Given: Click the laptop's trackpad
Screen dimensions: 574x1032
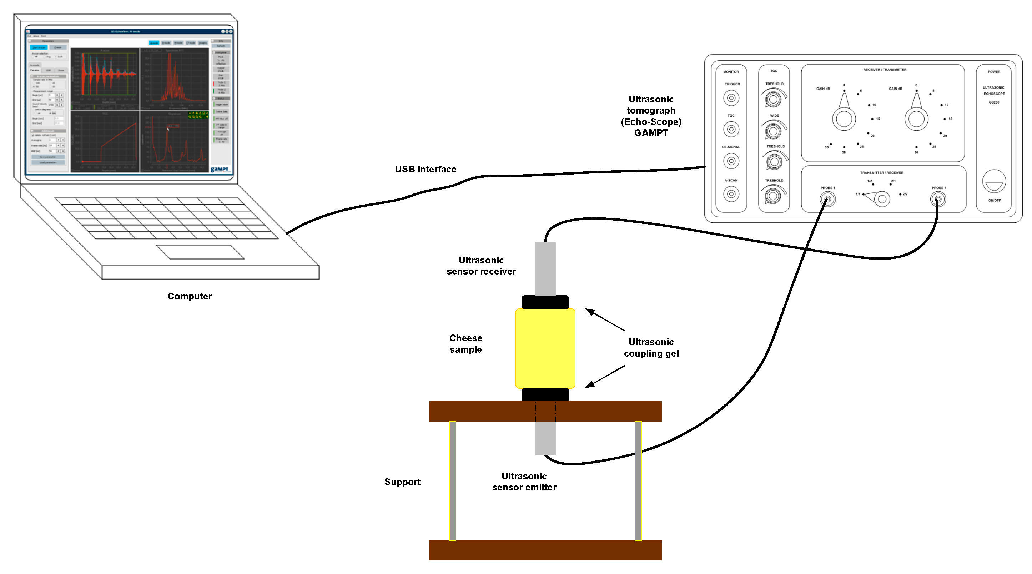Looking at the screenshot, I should (200, 252).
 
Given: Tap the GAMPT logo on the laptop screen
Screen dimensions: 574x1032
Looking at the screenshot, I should (220, 169).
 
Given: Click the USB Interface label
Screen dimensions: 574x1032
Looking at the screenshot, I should (426, 170).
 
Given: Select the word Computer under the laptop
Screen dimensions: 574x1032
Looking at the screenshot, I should (190, 296).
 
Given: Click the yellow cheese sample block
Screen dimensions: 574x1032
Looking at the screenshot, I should (545, 348).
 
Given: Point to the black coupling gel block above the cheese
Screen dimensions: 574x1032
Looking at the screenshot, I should (545, 302).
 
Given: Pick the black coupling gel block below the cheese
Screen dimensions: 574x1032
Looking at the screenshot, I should (545, 394).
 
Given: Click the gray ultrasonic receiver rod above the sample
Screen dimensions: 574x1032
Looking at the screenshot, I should (545, 268).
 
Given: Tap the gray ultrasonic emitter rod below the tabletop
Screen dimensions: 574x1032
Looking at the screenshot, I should (545, 438).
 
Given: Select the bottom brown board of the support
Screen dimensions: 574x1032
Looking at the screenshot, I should (545, 550).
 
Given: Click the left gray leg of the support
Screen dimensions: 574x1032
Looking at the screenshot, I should (452, 481).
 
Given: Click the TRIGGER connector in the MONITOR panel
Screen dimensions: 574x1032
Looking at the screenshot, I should (731, 98).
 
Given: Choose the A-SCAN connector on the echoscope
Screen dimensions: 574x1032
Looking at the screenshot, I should (731, 194).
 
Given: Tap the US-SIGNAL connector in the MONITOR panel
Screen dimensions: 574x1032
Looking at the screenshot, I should (731, 161).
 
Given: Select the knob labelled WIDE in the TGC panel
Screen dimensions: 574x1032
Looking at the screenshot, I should (773, 131).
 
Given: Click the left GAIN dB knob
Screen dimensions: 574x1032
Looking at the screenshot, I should (844, 119).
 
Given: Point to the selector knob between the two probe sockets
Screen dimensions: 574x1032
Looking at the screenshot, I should (881, 199).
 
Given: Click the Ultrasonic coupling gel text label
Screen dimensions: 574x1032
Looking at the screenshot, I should (651, 348).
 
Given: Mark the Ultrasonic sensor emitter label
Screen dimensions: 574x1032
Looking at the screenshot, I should (524, 482).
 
